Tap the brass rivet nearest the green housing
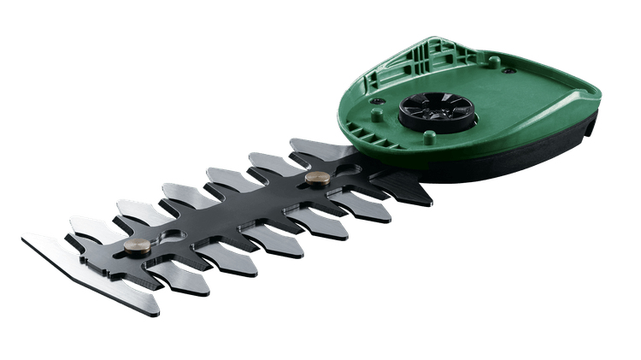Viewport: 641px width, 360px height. pyautogui.click(x=317, y=179)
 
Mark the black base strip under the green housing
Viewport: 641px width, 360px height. pyautogui.click(x=513, y=162)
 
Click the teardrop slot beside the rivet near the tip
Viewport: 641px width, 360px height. pyautogui.click(x=168, y=234)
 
